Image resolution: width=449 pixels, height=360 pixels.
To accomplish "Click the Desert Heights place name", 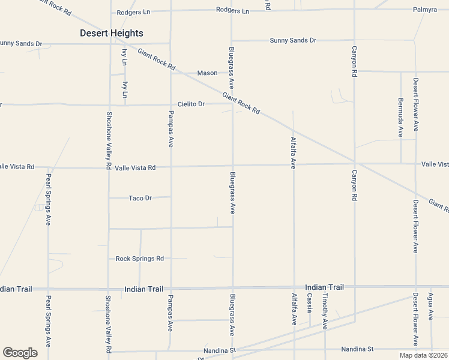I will pyautogui.click(x=112, y=33).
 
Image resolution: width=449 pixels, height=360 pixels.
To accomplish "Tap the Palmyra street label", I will pyautogui.click(x=426, y=10).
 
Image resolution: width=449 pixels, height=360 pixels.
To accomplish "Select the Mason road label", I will pyautogui.click(x=208, y=73).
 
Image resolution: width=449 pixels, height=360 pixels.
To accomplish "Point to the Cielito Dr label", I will pyautogui.click(x=191, y=104).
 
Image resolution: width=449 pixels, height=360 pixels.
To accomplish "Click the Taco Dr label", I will pyautogui.click(x=140, y=197).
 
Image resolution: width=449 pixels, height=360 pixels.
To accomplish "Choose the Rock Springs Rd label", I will pyautogui.click(x=140, y=259).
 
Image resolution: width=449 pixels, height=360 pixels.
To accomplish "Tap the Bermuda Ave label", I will pyautogui.click(x=400, y=118).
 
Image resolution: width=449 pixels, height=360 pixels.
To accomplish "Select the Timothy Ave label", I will pyautogui.click(x=325, y=311).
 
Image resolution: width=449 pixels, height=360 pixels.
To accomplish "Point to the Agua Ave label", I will pyautogui.click(x=430, y=306).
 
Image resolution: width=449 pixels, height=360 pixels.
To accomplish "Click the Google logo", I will pyautogui.click(x=20, y=353).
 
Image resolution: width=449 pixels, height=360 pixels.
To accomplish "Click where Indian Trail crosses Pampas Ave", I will pyautogui.click(x=171, y=288).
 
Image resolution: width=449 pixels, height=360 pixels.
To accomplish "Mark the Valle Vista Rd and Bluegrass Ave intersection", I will pyautogui.click(x=233, y=166).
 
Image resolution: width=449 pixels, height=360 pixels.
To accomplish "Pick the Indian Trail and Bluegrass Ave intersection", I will pyautogui.click(x=233, y=288).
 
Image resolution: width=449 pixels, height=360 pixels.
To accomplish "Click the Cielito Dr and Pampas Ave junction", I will pyautogui.click(x=171, y=104).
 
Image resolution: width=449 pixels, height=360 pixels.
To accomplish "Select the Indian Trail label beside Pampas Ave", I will pyautogui.click(x=143, y=289).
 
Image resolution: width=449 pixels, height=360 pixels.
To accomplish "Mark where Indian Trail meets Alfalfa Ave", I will pyautogui.click(x=294, y=288).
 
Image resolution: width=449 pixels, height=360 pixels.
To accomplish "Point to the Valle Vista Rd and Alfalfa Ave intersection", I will pyautogui.click(x=294, y=164).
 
